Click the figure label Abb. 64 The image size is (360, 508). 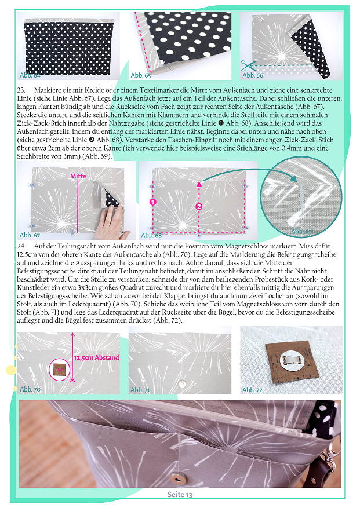pyautogui.click(x=30, y=75)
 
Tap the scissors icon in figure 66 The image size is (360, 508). pyautogui.click(x=248, y=66)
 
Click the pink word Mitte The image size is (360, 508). pyautogui.click(x=78, y=176)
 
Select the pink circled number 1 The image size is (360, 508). pyautogui.click(x=153, y=202)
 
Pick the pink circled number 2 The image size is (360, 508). pyautogui.click(x=199, y=206)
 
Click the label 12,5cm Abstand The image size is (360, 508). pyautogui.click(x=96, y=357)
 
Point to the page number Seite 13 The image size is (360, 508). pyautogui.click(x=180, y=495)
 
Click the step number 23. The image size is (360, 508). pyautogui.click(x=21, y=90)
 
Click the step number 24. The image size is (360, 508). pyautogui.click(x=21, y=246)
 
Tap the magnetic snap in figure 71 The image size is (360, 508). pyautogui.click(x=182, y=384)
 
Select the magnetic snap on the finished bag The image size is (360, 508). pyautogui.click(x=177, y=478)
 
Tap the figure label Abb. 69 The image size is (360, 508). pyautogui.click(x=301, y=231)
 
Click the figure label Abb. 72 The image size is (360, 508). pyautogui.click(x=252, y=390)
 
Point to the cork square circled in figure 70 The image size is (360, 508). pyautogui.click(x=59, y=370)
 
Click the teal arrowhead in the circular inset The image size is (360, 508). pyautogui.click(x=293, y=178)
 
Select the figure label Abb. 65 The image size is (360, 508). pyautogui.click(x=141, y=75)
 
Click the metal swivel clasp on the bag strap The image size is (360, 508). pyautogui.click(x=332, y=453)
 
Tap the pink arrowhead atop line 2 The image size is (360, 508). pyautogui.click(x=199, y=184)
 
